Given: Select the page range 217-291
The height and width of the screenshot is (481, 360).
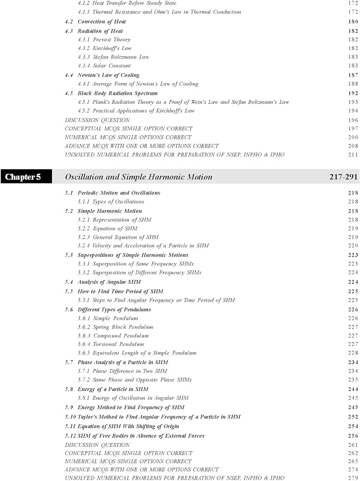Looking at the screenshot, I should click(x=344, y=177).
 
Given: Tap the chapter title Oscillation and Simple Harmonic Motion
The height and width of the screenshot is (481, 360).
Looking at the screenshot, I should click(x=139, y=177).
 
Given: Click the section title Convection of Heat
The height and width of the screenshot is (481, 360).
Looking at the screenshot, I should click(x=102, y=22).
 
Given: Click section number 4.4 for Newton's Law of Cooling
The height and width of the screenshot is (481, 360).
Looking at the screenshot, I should click(x=69, y=75).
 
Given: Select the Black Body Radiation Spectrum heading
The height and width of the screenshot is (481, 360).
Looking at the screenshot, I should click(x=117, y=93).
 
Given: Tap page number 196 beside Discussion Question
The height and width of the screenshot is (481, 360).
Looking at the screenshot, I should click(x=353, y=120).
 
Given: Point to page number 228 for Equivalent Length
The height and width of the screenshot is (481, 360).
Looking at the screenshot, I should click(x=353, y=353).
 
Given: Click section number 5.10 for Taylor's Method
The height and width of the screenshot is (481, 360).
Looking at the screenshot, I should click(x=70, y=417).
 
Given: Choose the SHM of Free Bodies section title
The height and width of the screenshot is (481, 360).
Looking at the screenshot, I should click(x=141, y=436).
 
